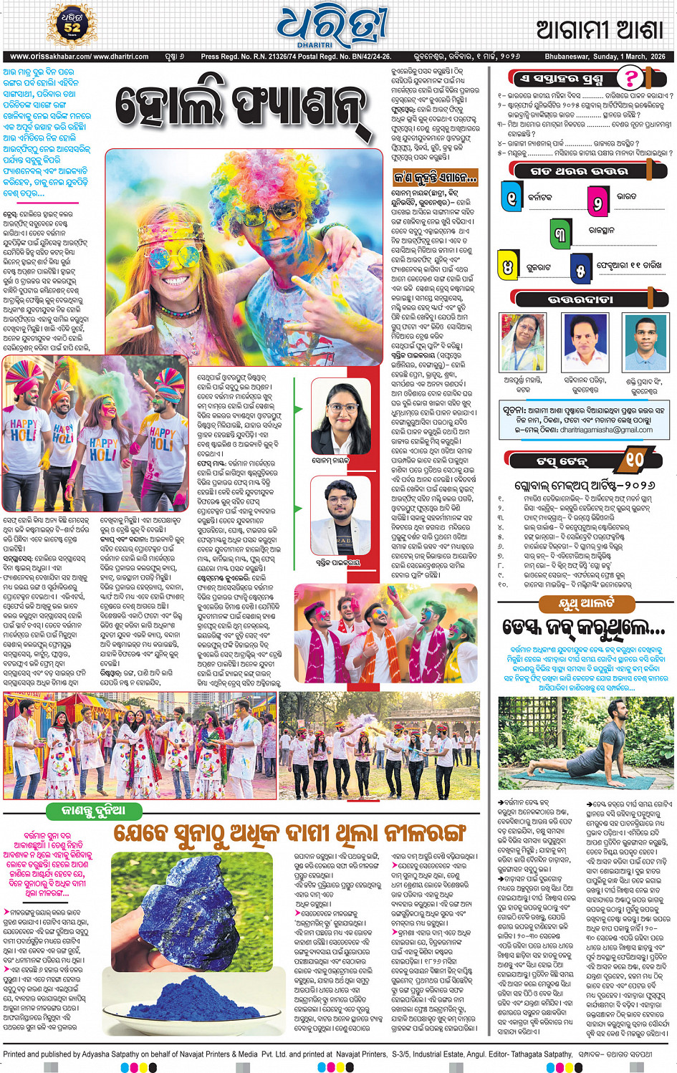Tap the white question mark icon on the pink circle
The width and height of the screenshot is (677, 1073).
click(630, 77)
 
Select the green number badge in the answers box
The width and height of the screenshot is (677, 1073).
click(561, 233)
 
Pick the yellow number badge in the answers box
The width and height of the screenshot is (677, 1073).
click(508, 267)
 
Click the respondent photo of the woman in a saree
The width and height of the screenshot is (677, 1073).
click(522, 343)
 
